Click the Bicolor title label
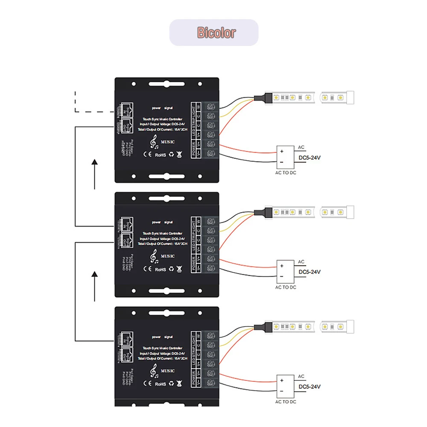click(x=216, y=32)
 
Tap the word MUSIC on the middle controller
click(x=167, y=256)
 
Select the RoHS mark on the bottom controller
click(x=160, y=384)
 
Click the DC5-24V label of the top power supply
click(x=310, y=158)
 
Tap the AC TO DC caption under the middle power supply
click(x=286, y=287)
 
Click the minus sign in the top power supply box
click(x=281, y=163)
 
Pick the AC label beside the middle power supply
click(x=301, y=262)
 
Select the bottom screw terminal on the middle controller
click(x=211, y=268)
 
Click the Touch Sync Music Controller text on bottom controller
click(x=163, y=348)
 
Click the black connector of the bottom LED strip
click(x=260, y=327)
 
